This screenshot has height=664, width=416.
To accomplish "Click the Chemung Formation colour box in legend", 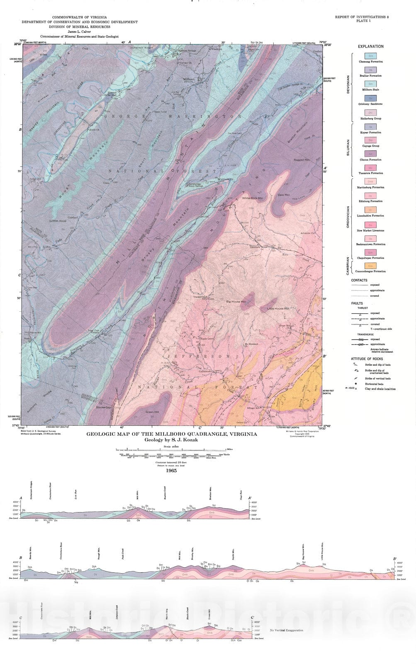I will click(370, 56).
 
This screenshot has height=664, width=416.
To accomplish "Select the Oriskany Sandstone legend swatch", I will click(370, 98).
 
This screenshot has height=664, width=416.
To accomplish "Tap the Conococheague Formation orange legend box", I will click(370, 266).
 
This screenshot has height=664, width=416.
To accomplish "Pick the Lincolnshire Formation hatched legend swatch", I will click(370, 210).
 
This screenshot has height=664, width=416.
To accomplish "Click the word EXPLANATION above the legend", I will click(370, 46).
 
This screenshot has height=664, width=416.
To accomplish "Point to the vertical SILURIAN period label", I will click(348, 147).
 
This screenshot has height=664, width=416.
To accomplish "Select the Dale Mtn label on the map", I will click(284, 195).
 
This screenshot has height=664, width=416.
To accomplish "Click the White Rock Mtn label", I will click(253, 198).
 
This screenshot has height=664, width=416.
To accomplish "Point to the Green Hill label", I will click(152, 412).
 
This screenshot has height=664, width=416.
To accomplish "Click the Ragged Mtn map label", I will click(302, 160).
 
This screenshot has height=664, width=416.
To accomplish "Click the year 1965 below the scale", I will click(171, 471).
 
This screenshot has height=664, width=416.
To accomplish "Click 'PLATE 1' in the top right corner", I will click(363, 21).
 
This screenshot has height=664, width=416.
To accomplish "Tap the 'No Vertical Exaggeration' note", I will click(286, 630).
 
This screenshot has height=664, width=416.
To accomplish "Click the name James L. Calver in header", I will click(79, 32).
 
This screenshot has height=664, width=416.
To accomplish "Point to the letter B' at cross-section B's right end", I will click(395, 559).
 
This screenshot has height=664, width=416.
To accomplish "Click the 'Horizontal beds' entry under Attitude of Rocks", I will click(374, 384).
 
